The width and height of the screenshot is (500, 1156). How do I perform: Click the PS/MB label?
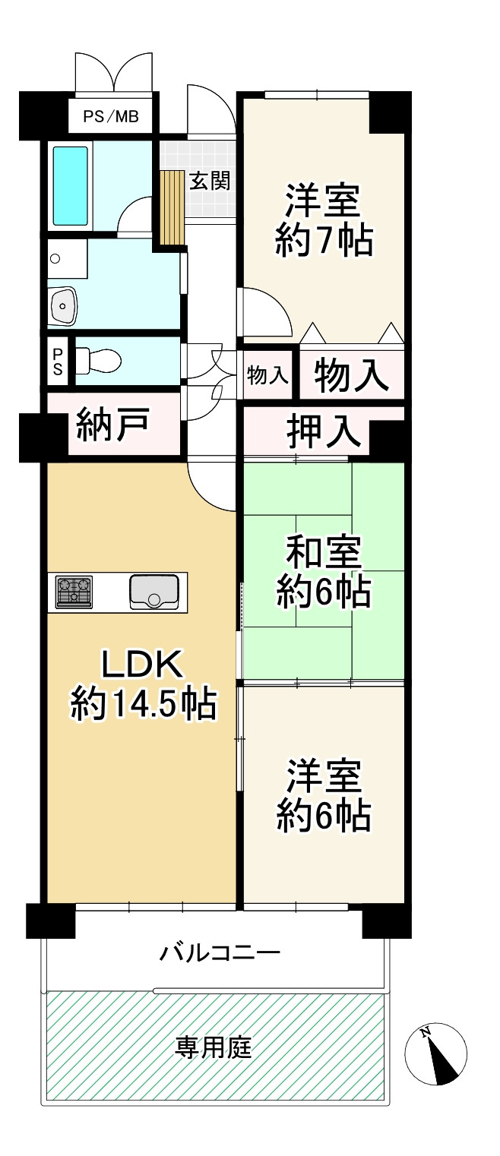pyautogui.click(x=110, y=118)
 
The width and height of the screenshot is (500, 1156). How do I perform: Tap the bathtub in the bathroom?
pyautogui.click(x=70, y=185)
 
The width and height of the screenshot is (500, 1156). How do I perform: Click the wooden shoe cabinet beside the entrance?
pyautogui.click(x=173, y=207)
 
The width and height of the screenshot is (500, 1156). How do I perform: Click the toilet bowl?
pyautogui.click(x=99, y=359)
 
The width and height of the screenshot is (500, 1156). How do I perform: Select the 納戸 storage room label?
pyautogui.click(x=112, y=427)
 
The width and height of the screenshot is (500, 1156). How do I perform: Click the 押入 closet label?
pyautogui.click(x=323, y=431)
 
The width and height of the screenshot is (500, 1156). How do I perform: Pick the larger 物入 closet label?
pyautogui.click(x=351, y=376)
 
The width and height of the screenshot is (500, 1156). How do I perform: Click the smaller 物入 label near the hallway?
pyautogui.click(x=267, y=374)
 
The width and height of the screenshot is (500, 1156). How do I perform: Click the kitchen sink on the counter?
pyautogui.click(x=154, y=591)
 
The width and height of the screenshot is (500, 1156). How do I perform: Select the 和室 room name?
pyautogui.click(x=324, y=552)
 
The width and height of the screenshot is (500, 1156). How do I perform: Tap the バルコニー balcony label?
pyautogui.click(x=220, y=952)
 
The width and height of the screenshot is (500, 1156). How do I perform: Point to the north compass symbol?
pyautogui.click(x=435, y=1055)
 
